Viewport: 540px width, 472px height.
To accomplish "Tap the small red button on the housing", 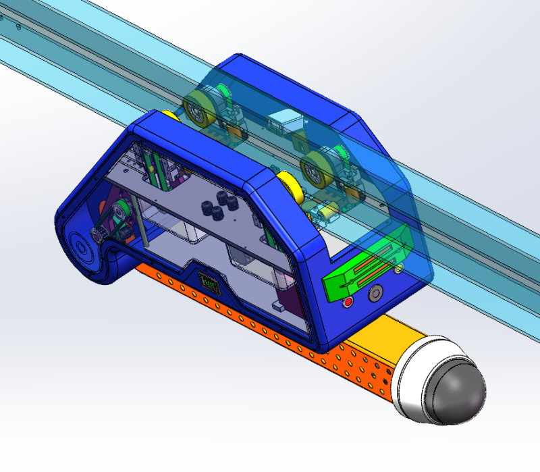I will click(348, 302).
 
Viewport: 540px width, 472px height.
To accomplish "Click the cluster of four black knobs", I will click(215, 207).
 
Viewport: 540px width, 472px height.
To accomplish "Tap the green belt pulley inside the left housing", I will click(119, 213).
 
